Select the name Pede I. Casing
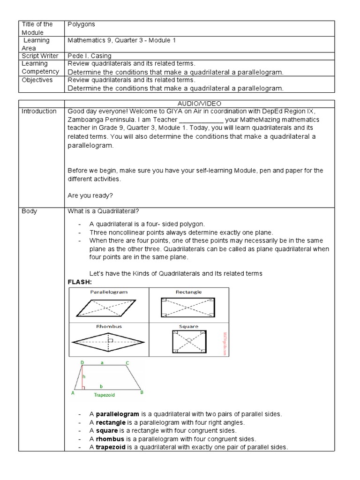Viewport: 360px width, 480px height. tap(90, 56)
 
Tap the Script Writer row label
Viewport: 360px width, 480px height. tap(40, 56)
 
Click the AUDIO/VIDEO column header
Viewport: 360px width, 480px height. tap(199, 103)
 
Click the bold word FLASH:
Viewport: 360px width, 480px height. tap(80, 282)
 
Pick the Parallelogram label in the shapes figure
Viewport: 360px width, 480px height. tap(108, 292)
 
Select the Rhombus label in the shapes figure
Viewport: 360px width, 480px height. tap(108, 326)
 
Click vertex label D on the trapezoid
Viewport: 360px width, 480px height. tap(82, 363)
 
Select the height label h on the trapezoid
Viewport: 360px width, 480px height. tap(84, 376)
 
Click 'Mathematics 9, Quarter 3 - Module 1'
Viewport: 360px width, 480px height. tap(121, 40)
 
